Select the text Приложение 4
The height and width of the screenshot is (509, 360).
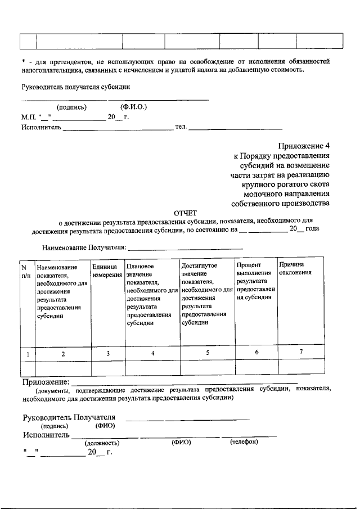[303, 145]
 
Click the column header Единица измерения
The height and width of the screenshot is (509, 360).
[107, 270]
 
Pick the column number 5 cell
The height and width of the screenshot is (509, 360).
[207, 353]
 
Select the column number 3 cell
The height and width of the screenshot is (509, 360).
[107, 353]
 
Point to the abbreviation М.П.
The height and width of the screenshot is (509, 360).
[29, 117]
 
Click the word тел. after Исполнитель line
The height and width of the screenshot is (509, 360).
[181, 127]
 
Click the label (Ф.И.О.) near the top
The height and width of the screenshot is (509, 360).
[133, 107]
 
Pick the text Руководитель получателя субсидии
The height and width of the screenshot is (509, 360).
[76, 87]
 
